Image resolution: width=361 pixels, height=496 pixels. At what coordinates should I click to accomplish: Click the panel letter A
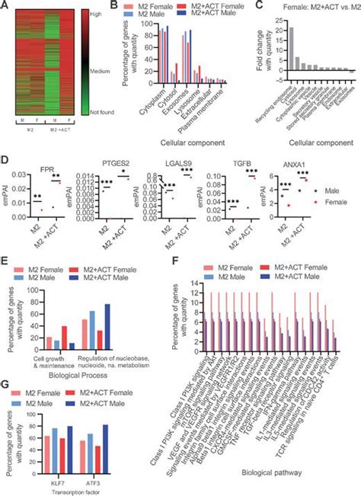click(x=5, y=5)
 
